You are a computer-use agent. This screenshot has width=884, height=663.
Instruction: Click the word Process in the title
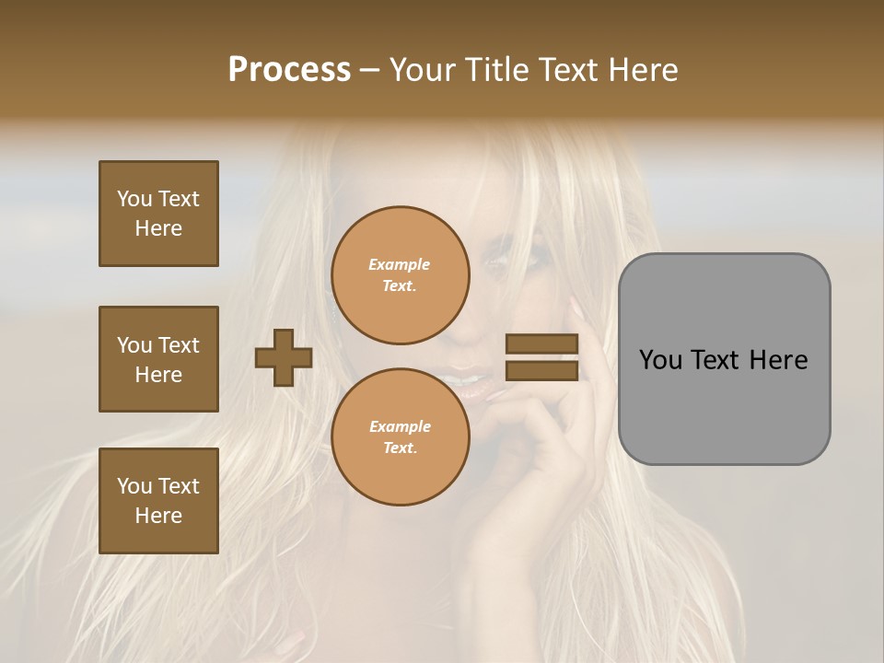(x=289, y=70)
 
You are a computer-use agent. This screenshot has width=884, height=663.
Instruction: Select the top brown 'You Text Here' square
(x=158, y=214)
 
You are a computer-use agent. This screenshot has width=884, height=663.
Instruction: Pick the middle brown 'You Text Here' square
(x=158, y=359)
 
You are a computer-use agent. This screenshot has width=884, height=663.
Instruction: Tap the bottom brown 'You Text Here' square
(x=158, y=501)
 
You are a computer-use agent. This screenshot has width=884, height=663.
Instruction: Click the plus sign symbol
(x=284, y=357)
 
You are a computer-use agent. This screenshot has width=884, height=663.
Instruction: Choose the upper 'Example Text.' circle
(x=400, y=275)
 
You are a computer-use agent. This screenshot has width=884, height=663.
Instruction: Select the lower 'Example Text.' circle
(x=400, y=436)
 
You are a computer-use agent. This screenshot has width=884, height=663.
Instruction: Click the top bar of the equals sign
(x=541, y=343)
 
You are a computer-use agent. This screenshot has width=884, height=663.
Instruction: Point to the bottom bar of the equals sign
(x=541, y=370)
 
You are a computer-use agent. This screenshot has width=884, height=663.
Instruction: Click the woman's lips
(x=468, y=379)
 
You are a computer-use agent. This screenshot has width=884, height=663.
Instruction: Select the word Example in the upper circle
(x=400, y=264)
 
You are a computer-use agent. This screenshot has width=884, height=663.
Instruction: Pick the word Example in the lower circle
(x=400, y=426)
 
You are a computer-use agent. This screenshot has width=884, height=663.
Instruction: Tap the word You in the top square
(x=134, y=199)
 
